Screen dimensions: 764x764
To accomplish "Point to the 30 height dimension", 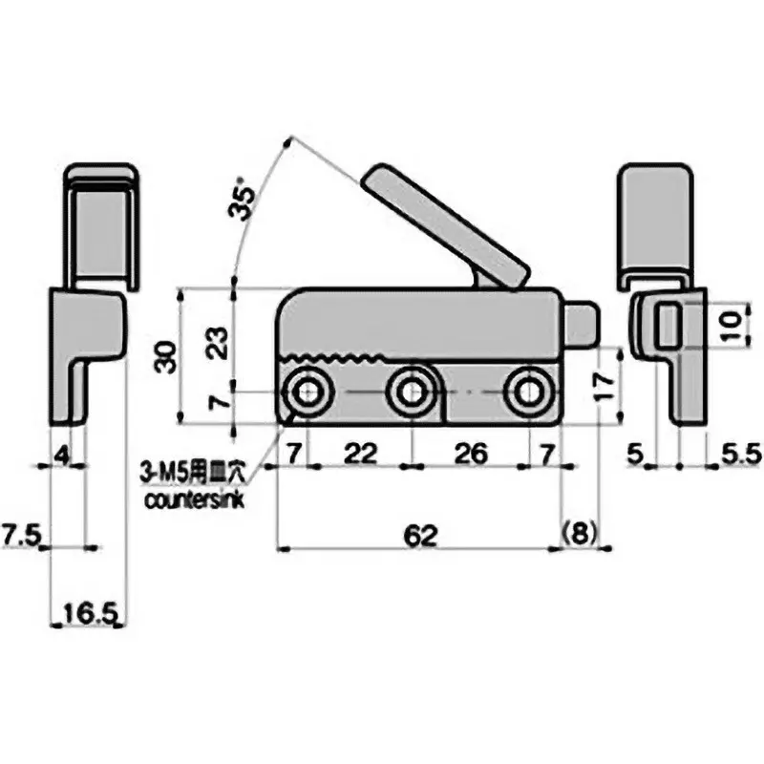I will [x=167, y=356].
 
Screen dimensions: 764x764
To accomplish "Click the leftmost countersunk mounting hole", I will [x=308, y=392].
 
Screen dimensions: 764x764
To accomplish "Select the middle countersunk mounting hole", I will [x=412, y=392].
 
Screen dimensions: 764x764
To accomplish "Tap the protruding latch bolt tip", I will [x=584, y=322].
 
